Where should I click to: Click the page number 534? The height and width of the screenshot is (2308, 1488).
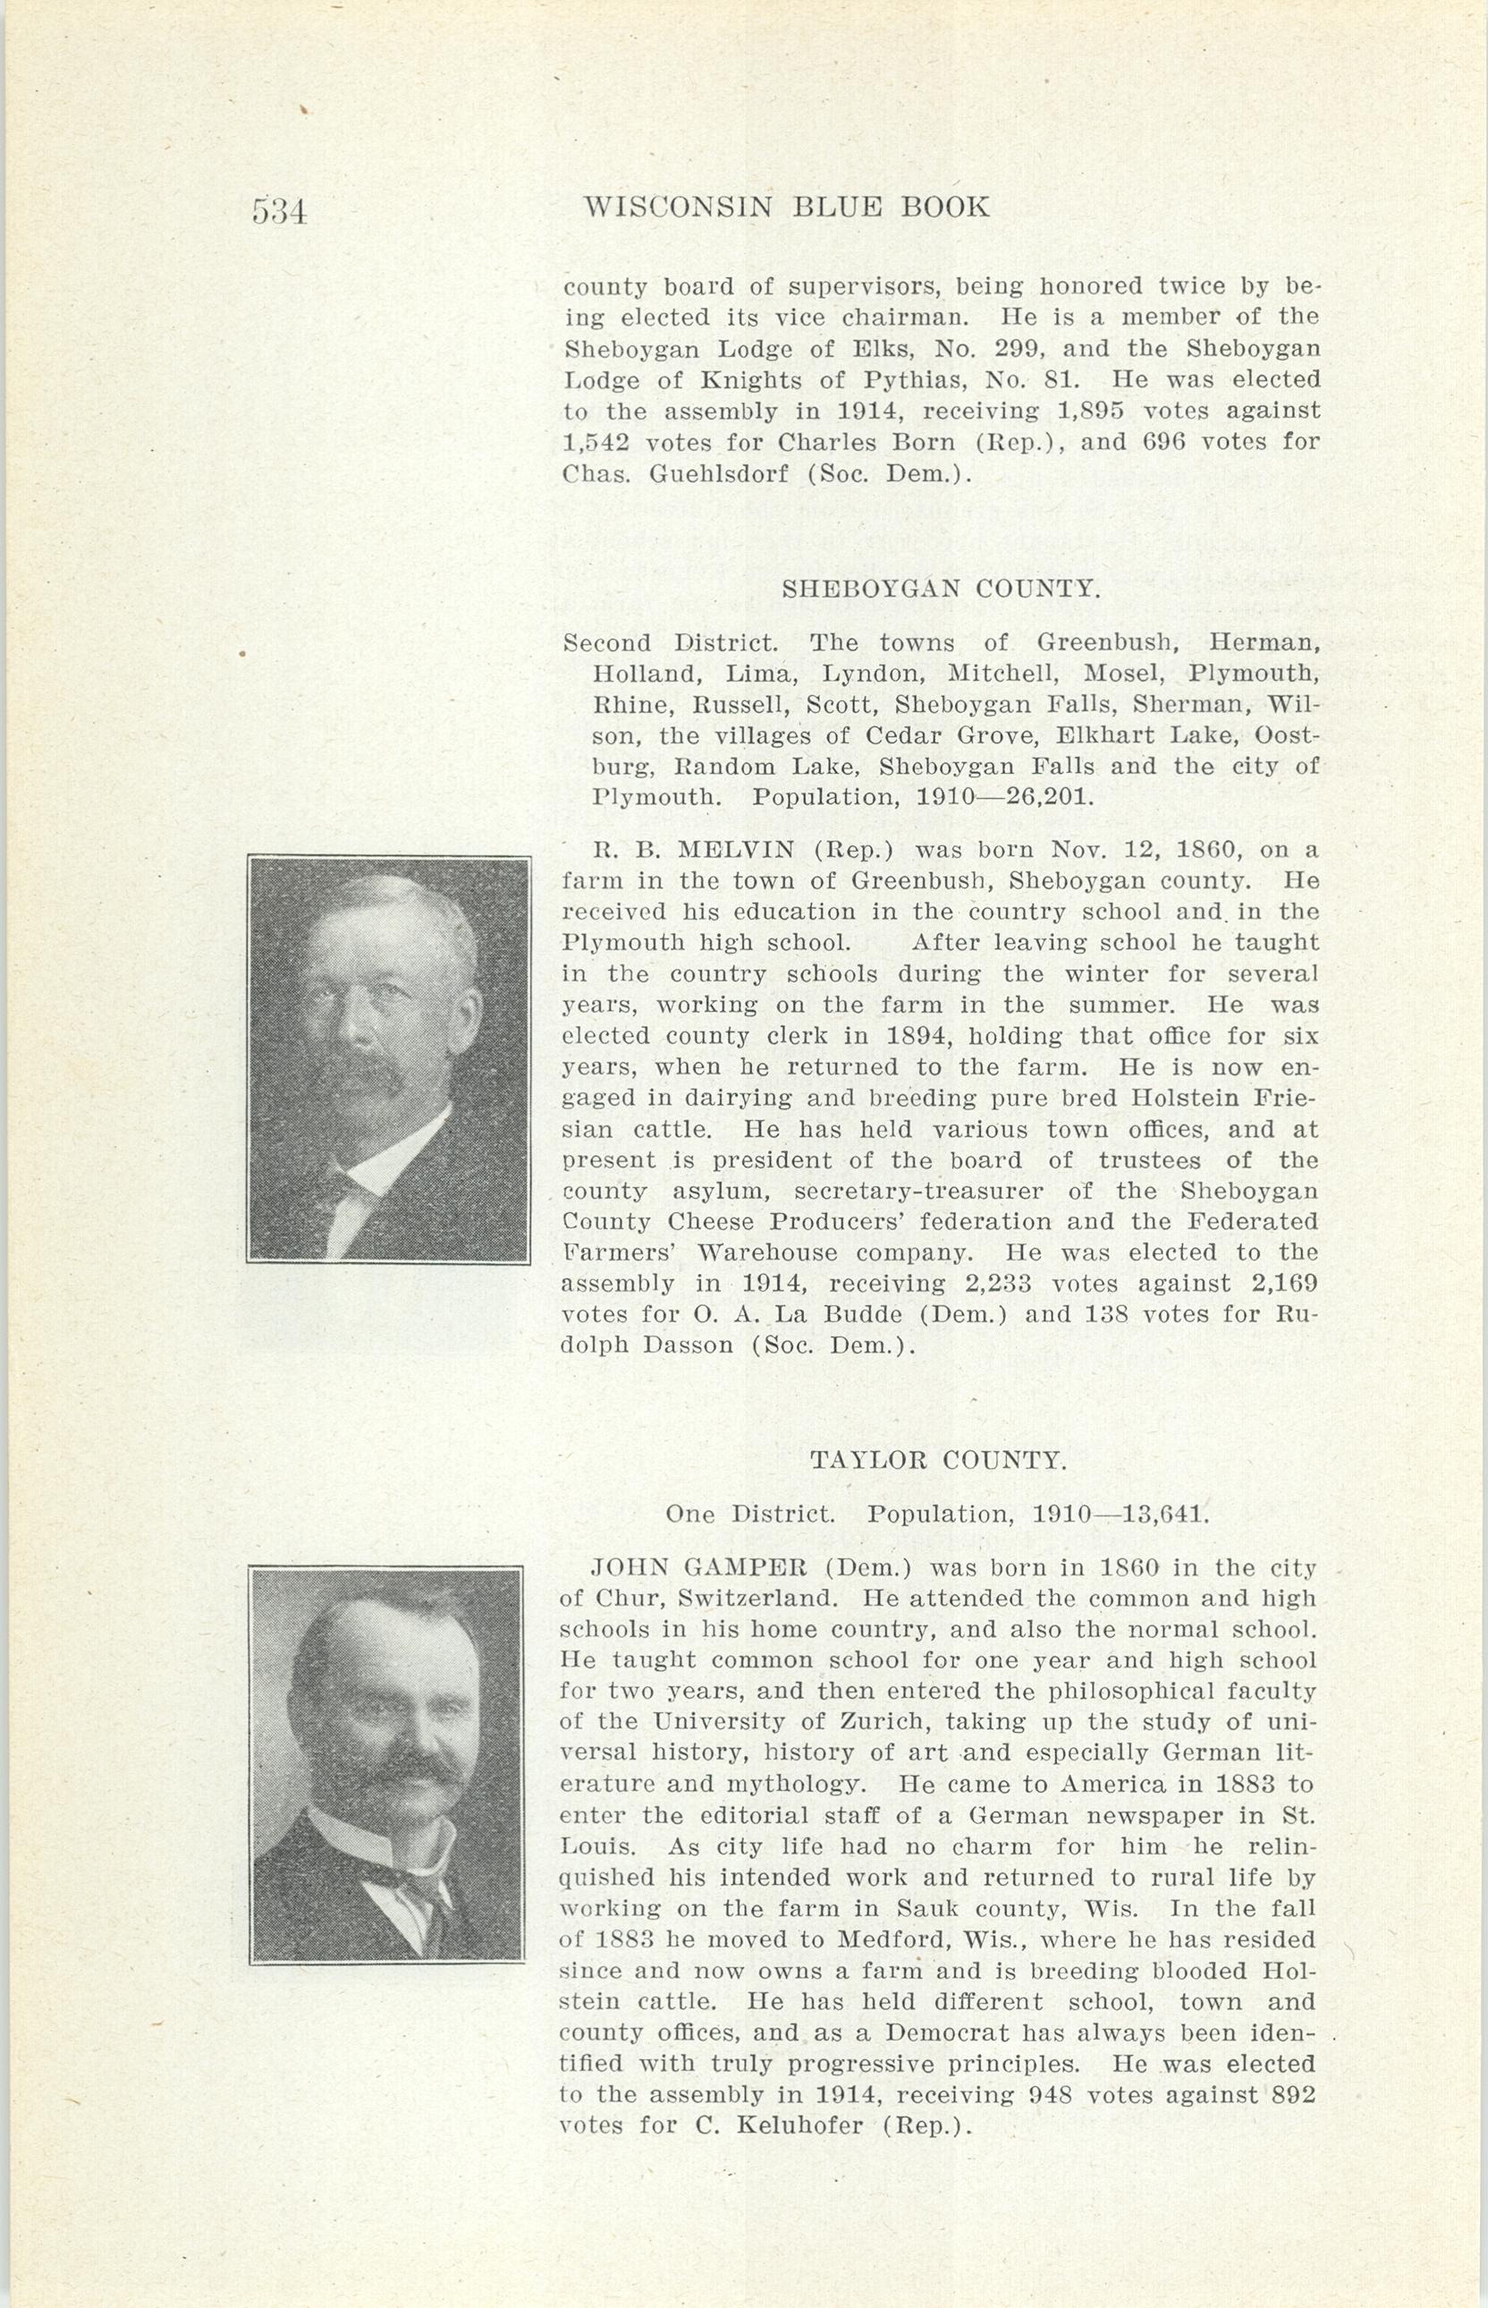[x=278, y=211]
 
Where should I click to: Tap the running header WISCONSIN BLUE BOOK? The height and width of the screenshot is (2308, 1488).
[x=788, y=207]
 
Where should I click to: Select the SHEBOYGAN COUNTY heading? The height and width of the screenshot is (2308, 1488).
[x=940, y=589]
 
